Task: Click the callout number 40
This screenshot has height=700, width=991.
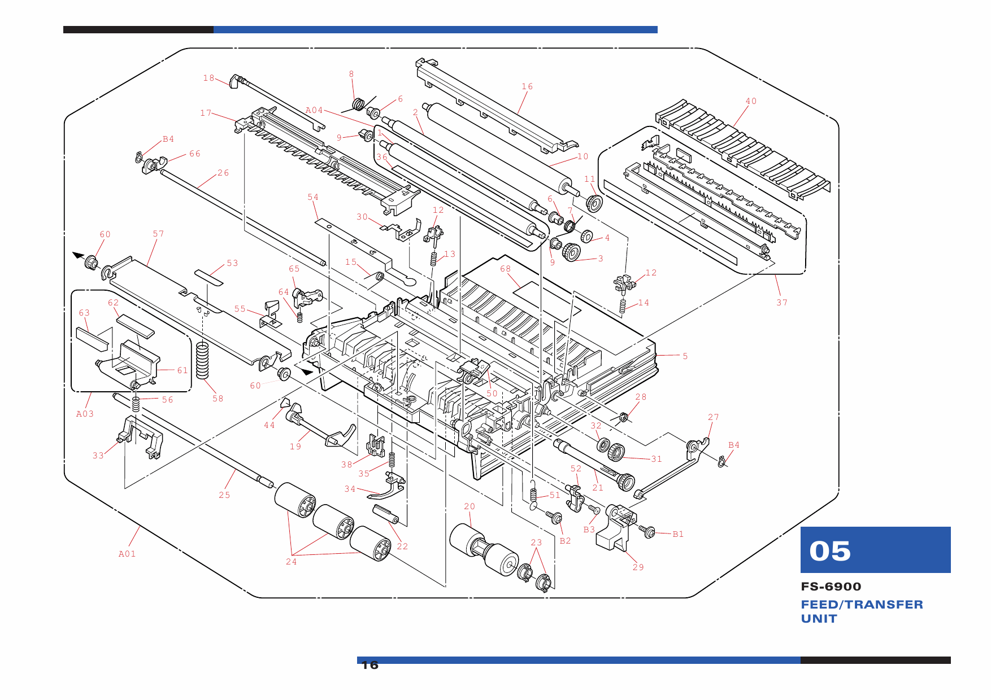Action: pyautogui.click(x=751, y=101)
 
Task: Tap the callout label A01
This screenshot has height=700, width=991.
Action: pyautogui.click(x=127, y=554)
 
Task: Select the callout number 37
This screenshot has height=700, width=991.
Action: pyautogui.click(x=782, y=303)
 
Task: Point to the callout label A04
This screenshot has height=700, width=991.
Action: pyautogui.click(x=314, y=110)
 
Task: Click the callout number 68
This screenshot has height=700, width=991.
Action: pyautogui.click(x=505, y=269)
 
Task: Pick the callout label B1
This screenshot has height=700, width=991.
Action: pyautogui.click(x=678, y=534)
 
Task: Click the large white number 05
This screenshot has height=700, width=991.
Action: pyautogui.click(x=829, y=551)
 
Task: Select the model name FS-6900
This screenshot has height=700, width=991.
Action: pyautogui.click(x=831, y=587)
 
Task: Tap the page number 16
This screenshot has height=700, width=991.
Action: pyautogui.click(x=370, y=665)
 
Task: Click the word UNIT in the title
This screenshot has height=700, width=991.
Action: pyautogui.click(x=819, y=619)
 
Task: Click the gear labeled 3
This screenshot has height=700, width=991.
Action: pyautogui.click(x=572, y=252)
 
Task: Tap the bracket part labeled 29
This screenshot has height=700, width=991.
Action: pyautogui.click(x=615, y=528)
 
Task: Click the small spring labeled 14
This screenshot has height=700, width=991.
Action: pyautogui.click(x=623, y=306)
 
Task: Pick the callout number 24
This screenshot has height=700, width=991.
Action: pyautogui.click(x=291, y=562)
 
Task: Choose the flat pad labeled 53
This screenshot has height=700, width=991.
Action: pyautogui.click(x=208, y=277)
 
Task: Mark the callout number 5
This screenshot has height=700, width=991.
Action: pyautogui.click(x=685, y=356)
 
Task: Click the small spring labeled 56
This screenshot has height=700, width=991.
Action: pyautogui.click(x=136, y=404)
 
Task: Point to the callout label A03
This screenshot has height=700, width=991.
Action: pyautogui.click(x=85, y=414)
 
